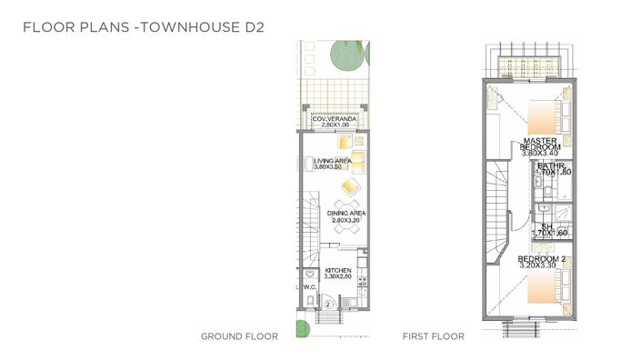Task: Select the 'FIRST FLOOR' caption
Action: click(434, 336)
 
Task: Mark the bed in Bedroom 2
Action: click(539, 287)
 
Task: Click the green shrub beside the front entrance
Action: click(301, 327)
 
